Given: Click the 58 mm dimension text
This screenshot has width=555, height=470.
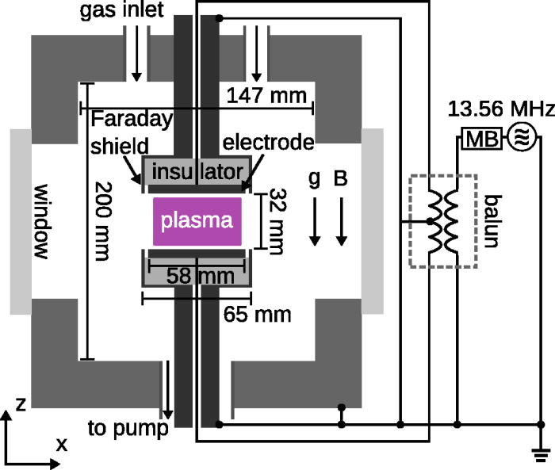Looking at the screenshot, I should (195, 277).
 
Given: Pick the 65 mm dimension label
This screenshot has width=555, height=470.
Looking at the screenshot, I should (258, 314).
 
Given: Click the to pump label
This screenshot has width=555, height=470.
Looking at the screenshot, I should (126, 429).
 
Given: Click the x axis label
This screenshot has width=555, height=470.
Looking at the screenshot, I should (61, 445).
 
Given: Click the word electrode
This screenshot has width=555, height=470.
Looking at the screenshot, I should (268, 143).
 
